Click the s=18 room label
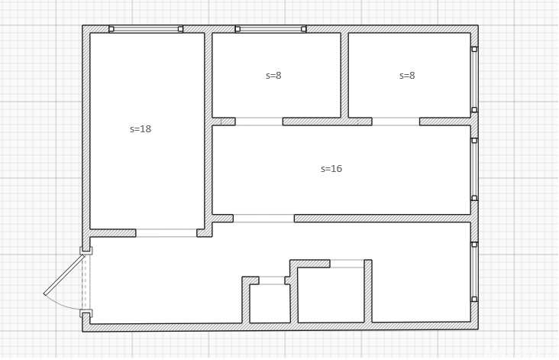141,129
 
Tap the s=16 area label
331,168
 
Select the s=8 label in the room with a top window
273,75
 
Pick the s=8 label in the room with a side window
407,75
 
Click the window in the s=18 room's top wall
146,29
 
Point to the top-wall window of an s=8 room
270,29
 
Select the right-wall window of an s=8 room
474,79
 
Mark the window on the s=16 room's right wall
474,169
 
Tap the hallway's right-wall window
474,272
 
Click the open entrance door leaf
64,274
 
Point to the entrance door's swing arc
63,303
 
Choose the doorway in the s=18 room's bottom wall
166,233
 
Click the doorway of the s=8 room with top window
259,122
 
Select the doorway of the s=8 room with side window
396,122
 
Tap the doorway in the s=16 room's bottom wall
263,219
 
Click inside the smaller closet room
270,303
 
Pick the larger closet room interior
331,295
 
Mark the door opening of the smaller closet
272,281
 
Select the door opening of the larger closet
347,264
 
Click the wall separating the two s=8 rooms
344,75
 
